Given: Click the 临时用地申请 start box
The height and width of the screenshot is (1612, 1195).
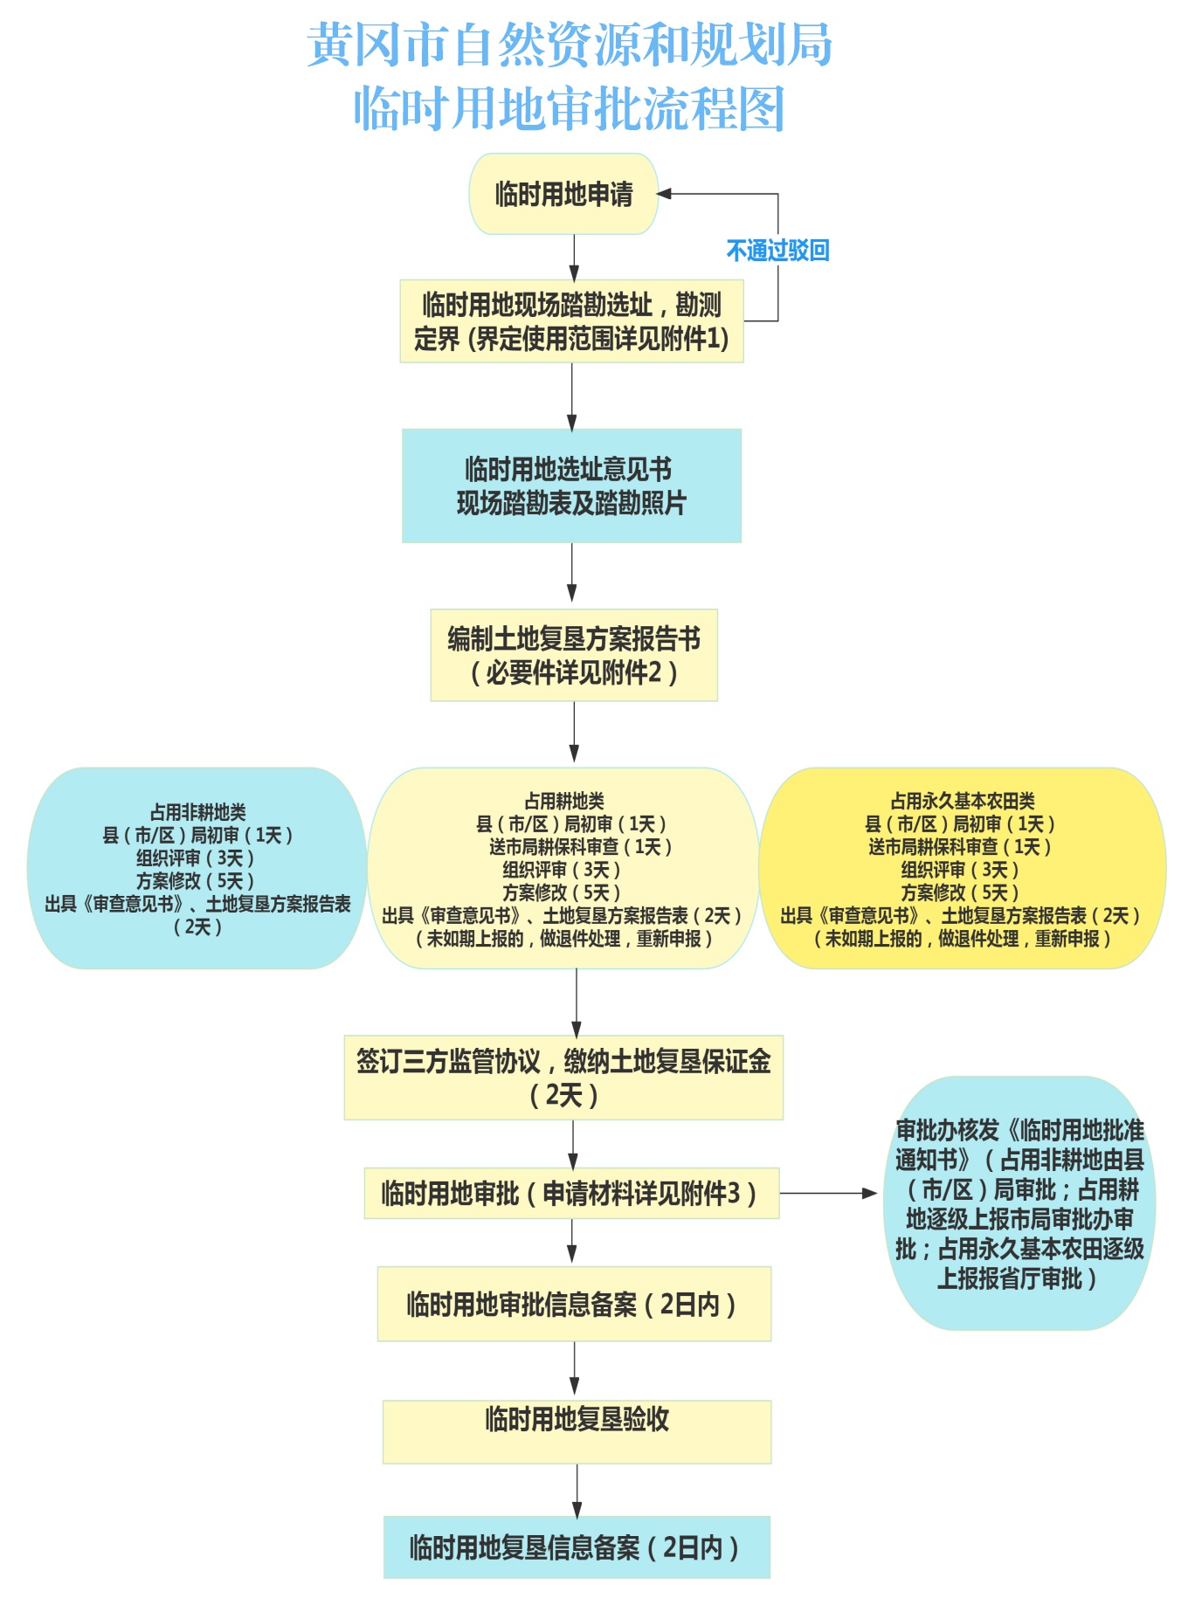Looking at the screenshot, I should (563, 194).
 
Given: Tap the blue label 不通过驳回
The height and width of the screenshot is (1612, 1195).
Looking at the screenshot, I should (777, 251).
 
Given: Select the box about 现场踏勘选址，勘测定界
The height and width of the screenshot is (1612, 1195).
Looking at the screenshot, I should (571, 320).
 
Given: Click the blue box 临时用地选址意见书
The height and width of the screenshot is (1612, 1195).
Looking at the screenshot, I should (571, 486).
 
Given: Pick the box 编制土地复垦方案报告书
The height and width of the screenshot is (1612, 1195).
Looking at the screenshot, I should (574, 655).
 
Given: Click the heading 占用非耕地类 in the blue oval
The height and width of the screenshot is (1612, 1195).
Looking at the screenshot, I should (198, 812).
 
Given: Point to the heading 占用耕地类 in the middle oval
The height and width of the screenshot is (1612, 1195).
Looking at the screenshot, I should (564, 801).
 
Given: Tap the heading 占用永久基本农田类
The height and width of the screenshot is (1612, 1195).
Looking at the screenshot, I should (963, 801).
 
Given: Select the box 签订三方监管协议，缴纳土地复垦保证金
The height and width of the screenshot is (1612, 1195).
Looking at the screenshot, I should (563, 1078).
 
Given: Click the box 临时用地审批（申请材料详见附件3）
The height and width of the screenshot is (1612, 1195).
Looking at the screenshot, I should (570, 1193).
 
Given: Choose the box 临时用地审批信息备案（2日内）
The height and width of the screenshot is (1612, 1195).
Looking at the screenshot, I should (574, 1304).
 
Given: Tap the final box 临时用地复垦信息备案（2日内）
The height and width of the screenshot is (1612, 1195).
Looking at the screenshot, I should (577, 1547).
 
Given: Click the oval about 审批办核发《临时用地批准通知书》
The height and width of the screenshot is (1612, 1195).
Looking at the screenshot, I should (1019, 1203).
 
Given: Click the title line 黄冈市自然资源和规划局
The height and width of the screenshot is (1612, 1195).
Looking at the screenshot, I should (570, 45).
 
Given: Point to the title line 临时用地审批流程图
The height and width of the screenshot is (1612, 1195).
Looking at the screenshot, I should (570, 108).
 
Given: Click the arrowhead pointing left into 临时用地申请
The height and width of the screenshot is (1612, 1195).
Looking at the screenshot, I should (665, 194).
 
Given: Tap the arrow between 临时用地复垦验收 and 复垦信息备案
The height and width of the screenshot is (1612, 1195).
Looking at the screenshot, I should (577, 1491).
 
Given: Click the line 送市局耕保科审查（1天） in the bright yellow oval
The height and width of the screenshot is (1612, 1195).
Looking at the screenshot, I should (960, 846).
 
